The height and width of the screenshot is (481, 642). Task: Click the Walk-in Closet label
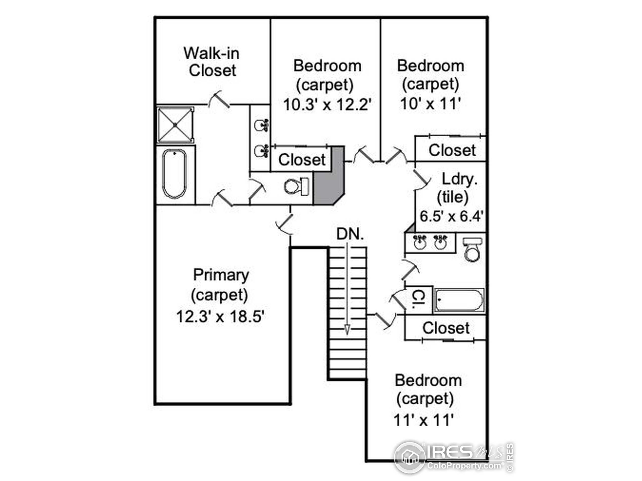pos(212,62)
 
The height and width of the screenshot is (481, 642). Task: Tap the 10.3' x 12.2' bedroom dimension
pos(327,104)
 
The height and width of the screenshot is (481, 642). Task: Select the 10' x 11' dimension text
pos(430,103)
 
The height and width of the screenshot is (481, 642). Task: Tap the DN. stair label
pos(350,234)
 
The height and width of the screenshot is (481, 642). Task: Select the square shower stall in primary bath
pos(175,125)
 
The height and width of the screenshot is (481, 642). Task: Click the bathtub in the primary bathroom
pos(174,174)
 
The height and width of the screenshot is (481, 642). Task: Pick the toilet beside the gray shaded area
pos(296,186)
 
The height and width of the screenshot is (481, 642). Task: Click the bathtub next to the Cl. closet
pos(459,300)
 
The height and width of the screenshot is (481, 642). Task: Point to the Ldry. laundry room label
pos(459,179)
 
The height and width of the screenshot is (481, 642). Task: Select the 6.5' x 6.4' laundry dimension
pos(451,216)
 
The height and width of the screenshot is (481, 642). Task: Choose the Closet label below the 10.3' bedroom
pos(302,160)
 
